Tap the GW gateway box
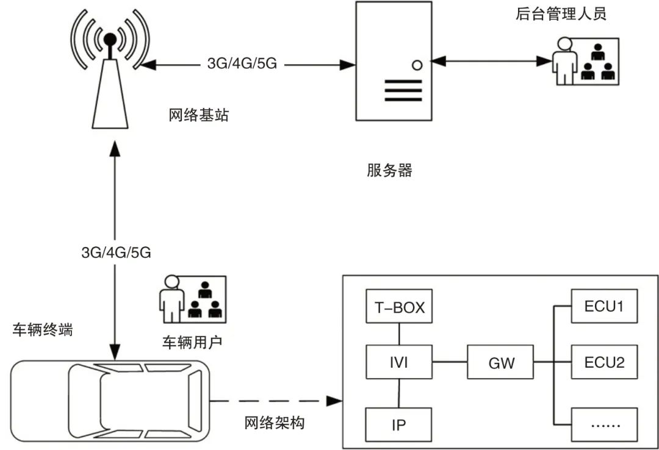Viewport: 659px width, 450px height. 501,363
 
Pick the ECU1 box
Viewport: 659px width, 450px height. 604,307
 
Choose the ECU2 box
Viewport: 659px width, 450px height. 604,363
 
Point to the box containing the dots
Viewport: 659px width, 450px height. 604,424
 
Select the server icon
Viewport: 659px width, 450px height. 393,61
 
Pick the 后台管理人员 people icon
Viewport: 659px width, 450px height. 586,61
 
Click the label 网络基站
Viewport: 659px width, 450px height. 199,115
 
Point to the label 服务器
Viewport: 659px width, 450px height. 389,171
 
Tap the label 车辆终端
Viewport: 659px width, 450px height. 43,330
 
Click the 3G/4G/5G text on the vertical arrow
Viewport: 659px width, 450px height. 115,252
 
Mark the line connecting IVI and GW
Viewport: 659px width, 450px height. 449,363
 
